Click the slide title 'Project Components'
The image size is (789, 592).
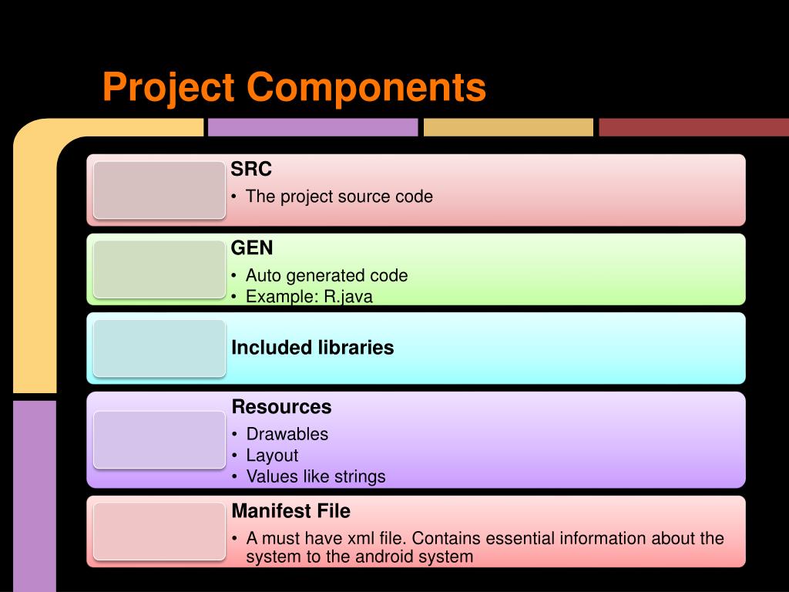click(294, 86)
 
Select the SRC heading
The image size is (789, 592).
click(252, 169)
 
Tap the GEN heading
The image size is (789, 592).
click(252, 248)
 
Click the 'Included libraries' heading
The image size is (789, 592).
click(312, 348)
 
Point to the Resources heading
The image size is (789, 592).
click(281, 407)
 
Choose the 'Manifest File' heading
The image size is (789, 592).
click(290, 511)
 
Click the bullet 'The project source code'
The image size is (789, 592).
click(339, 197)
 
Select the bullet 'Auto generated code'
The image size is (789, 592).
click(327, 275)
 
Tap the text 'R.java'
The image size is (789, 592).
click(348, 297)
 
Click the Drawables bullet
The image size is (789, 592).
click(287, 434)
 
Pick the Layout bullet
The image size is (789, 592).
click(272, 456)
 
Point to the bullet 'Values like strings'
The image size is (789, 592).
click(316, 476)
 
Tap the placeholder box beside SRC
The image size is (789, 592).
click(159, 190)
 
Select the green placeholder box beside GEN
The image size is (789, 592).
click(159, 269)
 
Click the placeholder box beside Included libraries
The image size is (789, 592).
click(159, 348)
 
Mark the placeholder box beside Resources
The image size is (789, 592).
click(159, 439)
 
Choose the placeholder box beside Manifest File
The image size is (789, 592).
click(159, 531)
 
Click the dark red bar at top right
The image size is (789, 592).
click(693, 127)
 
